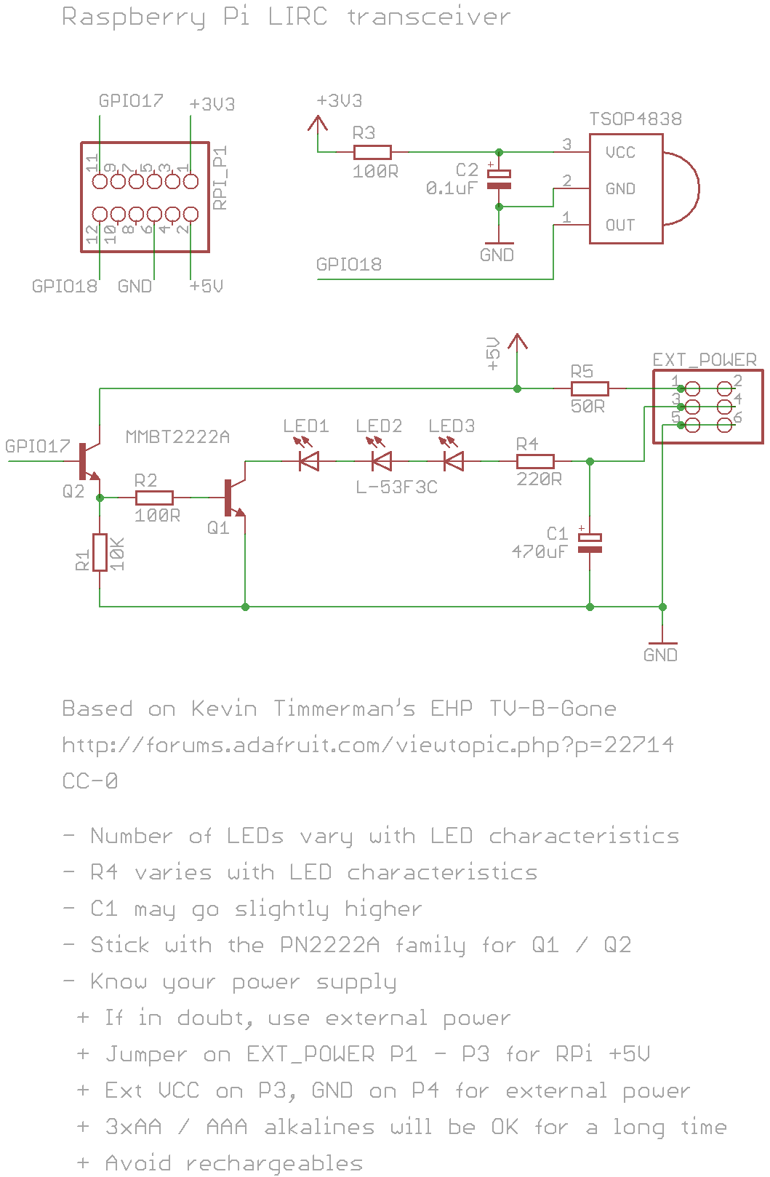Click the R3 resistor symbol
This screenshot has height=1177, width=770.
coord(372,152)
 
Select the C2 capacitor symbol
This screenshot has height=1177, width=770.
coord(499,180)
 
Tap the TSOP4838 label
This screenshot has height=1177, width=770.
coord(635,119)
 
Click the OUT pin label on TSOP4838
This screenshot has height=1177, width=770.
coord(620,225)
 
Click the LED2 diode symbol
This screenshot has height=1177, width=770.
coord(381,460)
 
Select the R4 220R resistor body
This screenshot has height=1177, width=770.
coord(535,461)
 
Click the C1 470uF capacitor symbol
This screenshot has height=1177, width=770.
coord(590,543)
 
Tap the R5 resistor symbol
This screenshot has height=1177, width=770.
coord(590,388)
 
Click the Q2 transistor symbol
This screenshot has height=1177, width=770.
coord(87,462)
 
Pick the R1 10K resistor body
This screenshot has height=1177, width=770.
coord(100,552)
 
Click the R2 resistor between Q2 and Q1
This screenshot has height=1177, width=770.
coord(154,498)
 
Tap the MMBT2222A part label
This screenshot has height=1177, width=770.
coord(177,436)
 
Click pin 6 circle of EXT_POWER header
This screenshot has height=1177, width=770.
coord(725,425)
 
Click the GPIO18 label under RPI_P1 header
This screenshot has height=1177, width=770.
coord(65,286)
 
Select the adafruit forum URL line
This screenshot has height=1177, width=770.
coord(368,745)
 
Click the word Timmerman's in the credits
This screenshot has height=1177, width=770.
coord(344,708)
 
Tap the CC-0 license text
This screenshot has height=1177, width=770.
coord(90,781)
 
